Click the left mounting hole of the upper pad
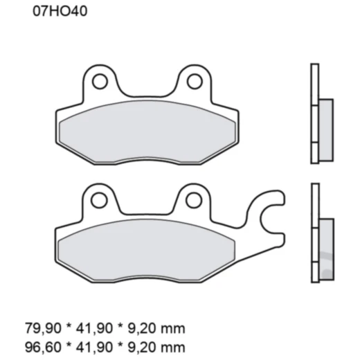click(100, 82)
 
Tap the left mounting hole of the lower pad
click(100, 201)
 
